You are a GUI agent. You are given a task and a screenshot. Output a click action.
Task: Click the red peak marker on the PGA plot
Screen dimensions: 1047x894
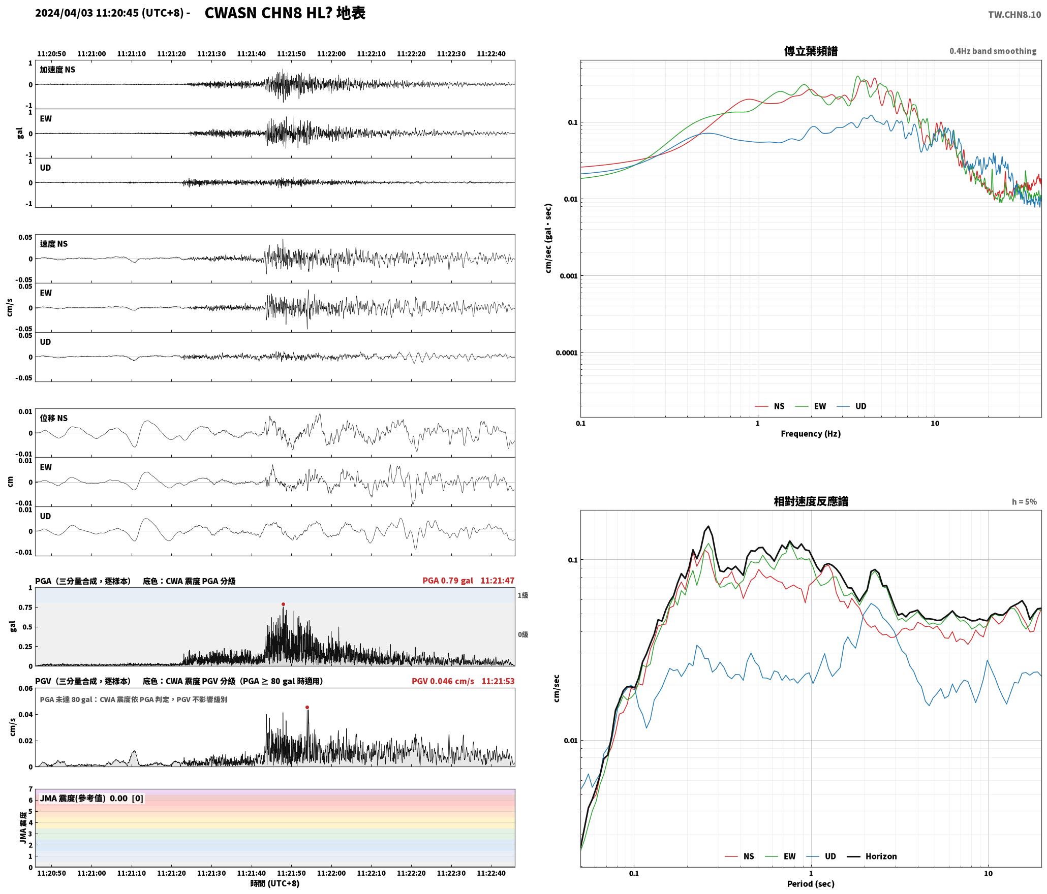pos(283,604)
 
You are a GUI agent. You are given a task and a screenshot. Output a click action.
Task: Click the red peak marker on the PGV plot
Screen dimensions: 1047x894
pos(307,707)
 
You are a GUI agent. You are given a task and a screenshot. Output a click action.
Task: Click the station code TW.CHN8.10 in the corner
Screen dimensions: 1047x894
pos(1014,15)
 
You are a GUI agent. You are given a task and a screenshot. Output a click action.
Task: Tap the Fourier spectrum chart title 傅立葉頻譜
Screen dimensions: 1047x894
pos(811,51)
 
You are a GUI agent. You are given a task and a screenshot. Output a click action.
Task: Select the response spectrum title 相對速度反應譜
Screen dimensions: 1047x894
pos(811,501)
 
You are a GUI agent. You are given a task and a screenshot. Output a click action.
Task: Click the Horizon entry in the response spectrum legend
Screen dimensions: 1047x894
pos(872,856)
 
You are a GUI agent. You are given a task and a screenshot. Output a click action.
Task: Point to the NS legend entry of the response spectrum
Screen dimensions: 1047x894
pos(740,856)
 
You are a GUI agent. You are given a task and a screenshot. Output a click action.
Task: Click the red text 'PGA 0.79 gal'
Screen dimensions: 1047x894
pos(447,581)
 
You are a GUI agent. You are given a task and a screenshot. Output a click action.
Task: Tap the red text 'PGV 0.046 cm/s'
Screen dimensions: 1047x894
pos(443,681)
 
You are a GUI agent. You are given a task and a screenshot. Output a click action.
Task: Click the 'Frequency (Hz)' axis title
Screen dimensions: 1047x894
pos(811,434)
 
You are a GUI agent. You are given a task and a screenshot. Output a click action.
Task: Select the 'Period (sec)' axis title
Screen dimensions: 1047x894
pos(811,884)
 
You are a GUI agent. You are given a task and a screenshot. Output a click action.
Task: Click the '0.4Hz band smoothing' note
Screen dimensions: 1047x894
pos(993,51)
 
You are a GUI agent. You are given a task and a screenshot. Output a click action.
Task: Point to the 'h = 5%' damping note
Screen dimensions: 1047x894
pos(1024,502)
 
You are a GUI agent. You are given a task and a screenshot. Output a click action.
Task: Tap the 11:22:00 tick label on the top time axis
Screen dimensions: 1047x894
pos(331,54)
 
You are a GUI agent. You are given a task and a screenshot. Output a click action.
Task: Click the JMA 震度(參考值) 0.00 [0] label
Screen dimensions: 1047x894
pos(91,799)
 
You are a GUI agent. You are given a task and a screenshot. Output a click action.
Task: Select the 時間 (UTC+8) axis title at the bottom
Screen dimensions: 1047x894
pos(275,884)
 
